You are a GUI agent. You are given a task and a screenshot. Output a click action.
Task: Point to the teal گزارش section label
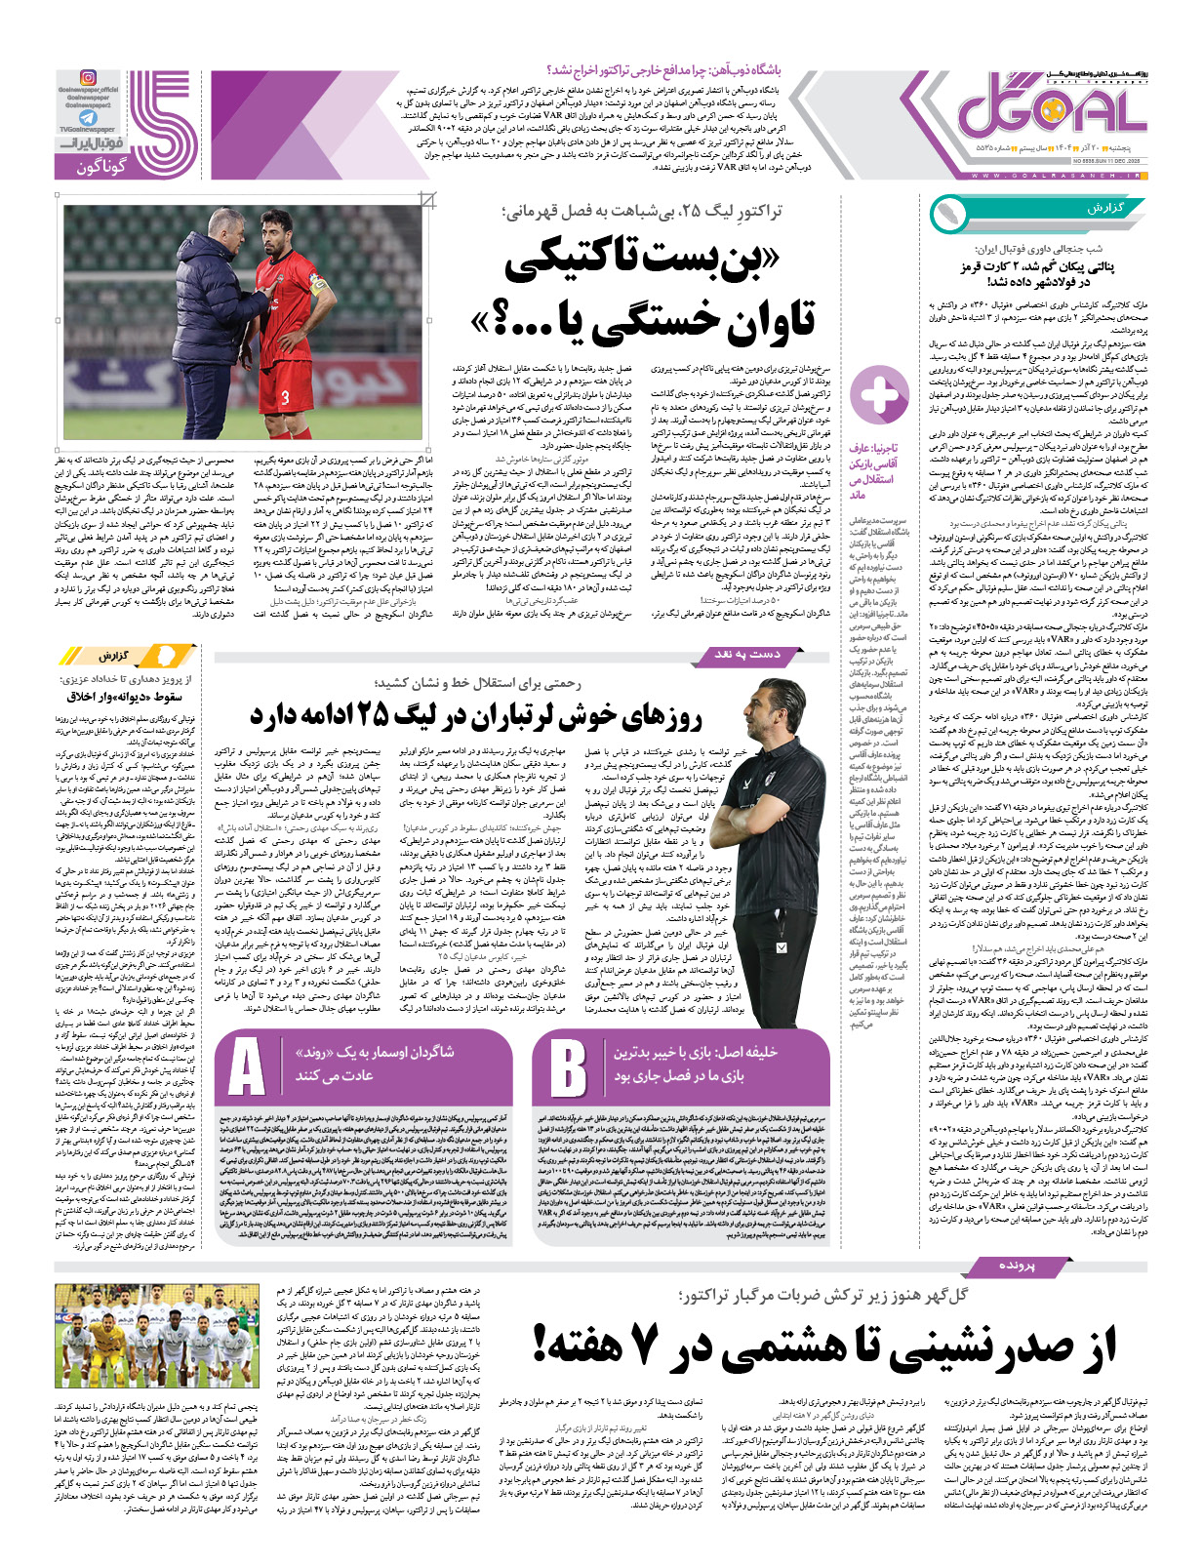[1103, 210]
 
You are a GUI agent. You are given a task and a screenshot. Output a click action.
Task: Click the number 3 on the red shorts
[285, 397]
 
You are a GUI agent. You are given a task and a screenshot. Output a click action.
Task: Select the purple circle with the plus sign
[879, 396]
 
